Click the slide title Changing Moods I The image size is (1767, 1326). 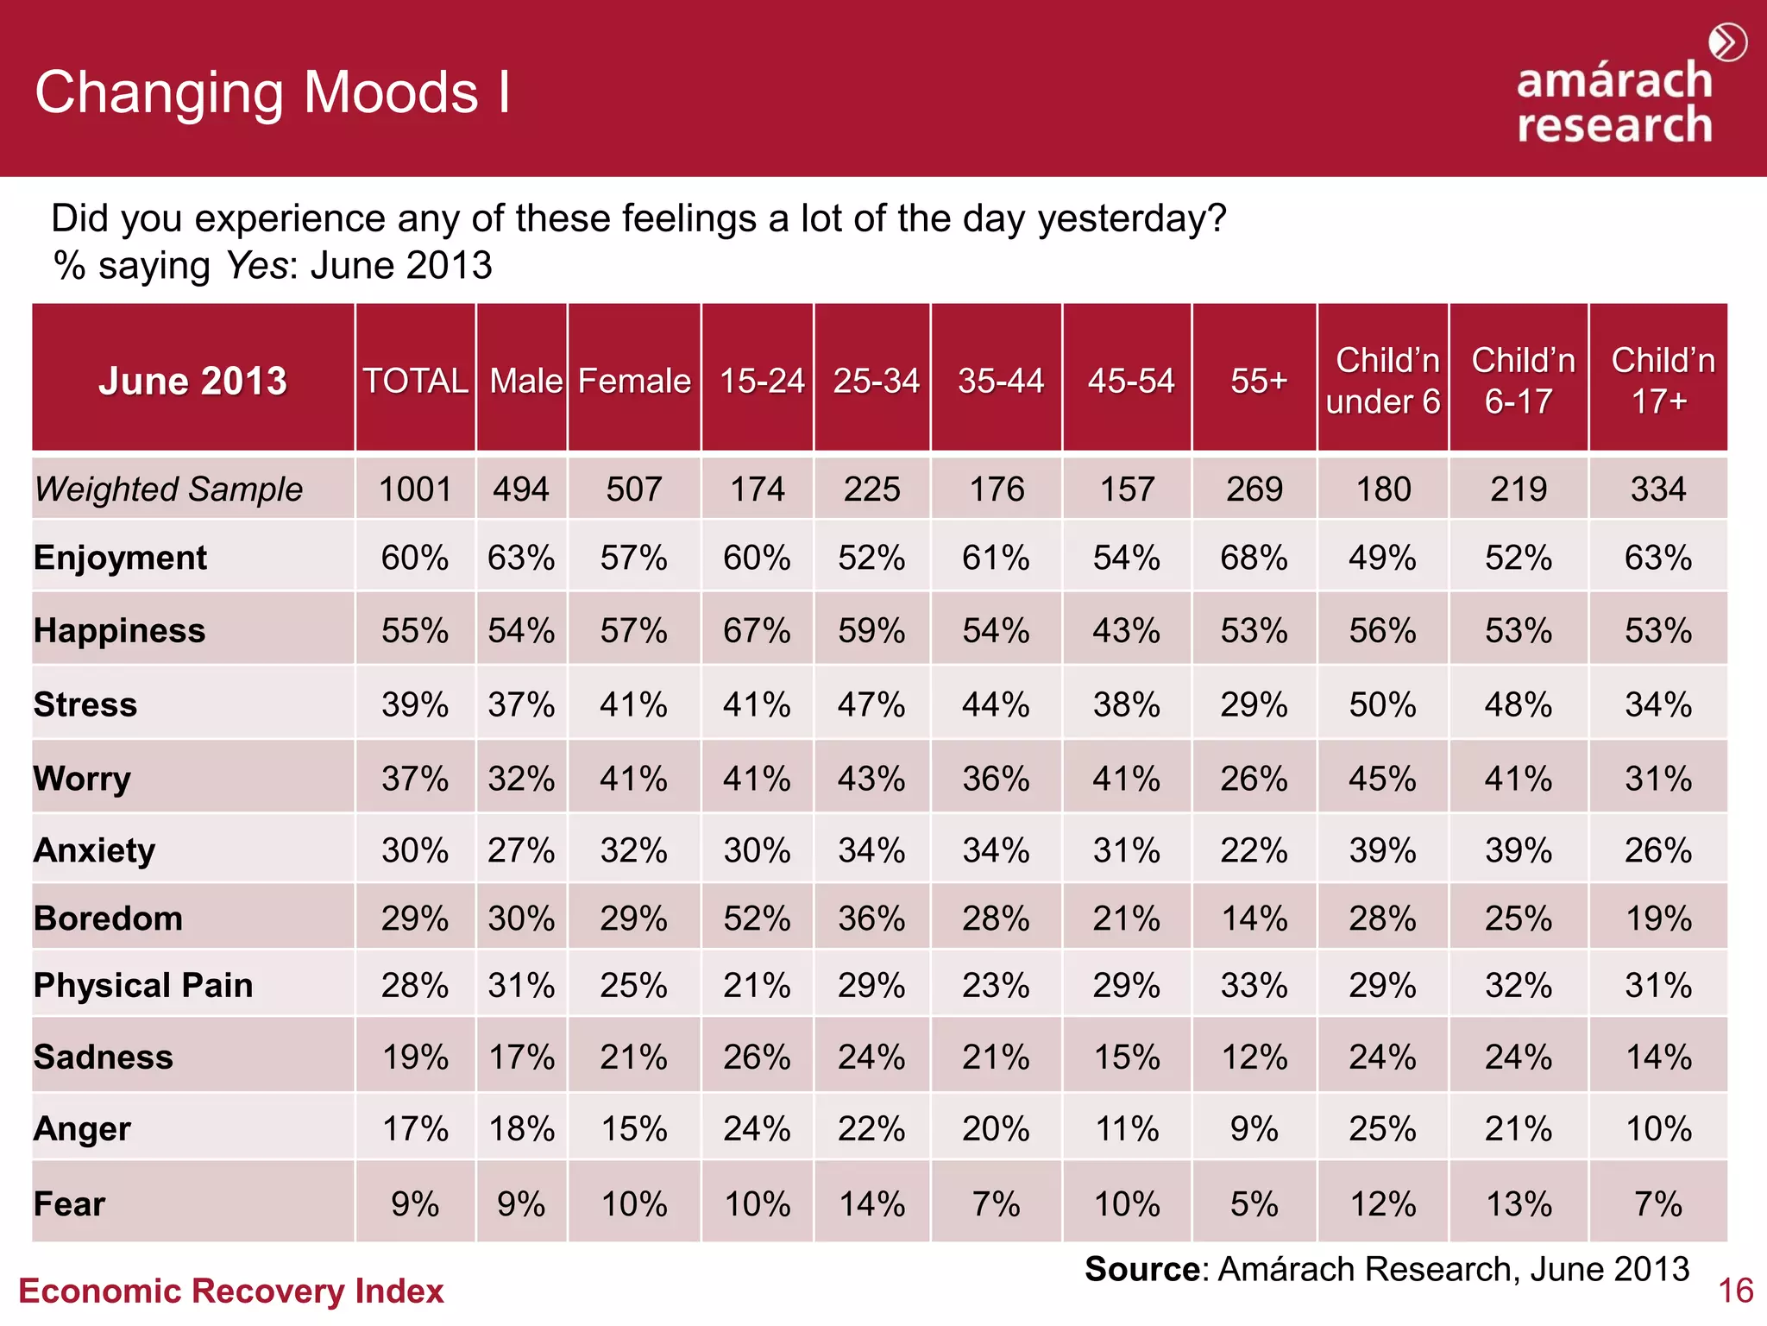(273, 92)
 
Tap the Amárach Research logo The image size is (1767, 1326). (1614, 103)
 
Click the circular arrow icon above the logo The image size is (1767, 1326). (1727, 42)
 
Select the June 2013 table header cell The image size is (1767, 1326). (192, 381)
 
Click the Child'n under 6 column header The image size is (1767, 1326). (1383, 381)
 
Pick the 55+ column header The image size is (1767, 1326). (1258, 381)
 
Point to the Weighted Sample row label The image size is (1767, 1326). (169, 489)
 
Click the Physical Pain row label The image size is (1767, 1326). (143, 985)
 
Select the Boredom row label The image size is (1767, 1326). (108, 919)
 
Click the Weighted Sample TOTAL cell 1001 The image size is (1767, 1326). (415, 489)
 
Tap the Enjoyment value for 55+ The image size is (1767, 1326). (1254, 558)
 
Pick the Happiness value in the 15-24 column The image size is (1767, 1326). (757, 631)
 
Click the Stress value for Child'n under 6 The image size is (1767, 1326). (1382, 704)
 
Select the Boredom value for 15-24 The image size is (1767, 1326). (757, 919)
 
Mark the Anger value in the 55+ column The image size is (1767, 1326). (1254, 1128)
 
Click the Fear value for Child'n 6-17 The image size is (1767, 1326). (1519, 1203)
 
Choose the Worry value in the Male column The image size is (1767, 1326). (521, 779)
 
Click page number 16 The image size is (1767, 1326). (1735, 1291)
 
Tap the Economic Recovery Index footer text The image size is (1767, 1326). (230, 1291)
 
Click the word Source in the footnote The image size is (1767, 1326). (1141, 1269)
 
